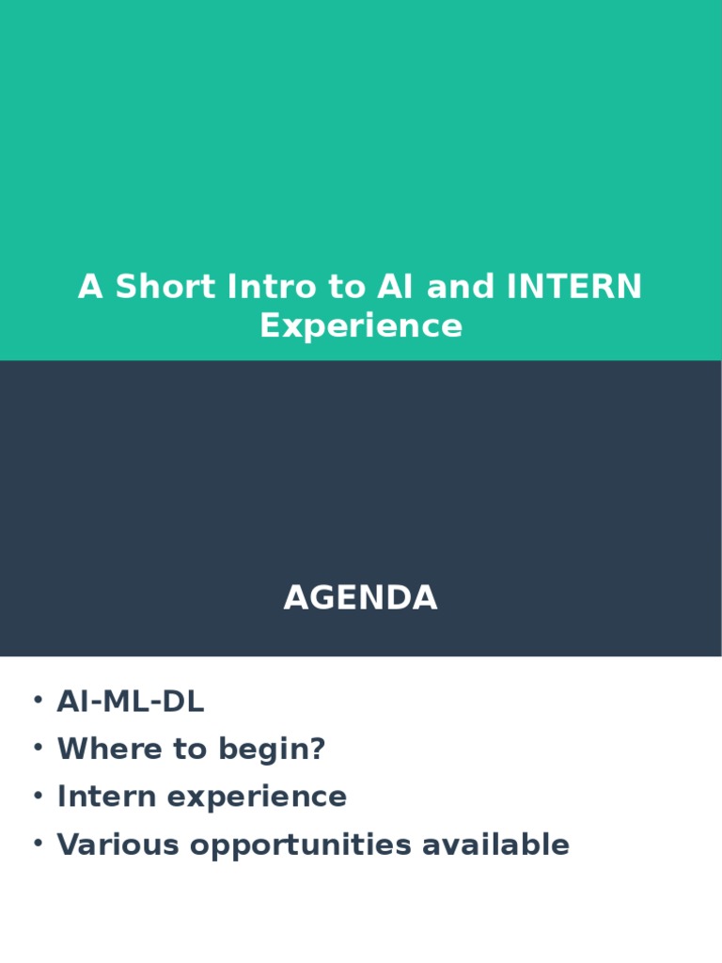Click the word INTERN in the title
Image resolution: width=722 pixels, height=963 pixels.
(x=574, y=287)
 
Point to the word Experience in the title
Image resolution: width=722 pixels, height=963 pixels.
(x=361, y=326)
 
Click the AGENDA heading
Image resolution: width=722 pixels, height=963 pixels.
(x=361, y=598)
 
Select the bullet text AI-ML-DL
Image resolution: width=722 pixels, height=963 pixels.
(x=131, y=702)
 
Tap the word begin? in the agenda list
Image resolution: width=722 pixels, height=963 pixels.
(x=273, y=750)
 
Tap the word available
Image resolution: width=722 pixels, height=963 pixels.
(x=495, y=845)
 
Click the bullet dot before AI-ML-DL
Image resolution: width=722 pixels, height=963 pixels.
(x=38, y=701)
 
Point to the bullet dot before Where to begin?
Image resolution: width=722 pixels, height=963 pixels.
(x=38, y=749)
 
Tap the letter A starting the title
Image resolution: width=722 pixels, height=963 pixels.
(x=90, y=287)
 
